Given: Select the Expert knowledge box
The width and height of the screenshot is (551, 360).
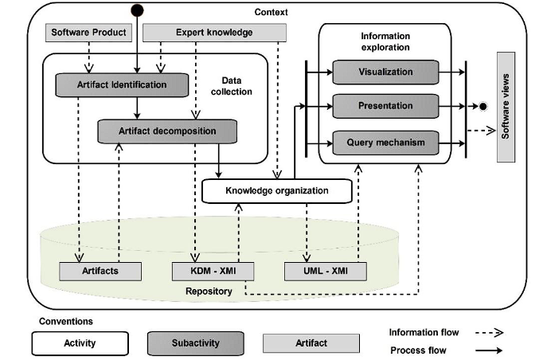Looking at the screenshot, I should coord(213,33).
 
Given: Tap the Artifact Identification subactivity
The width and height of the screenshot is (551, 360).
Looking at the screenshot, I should coord(123,84).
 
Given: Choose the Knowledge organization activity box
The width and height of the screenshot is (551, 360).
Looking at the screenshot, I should coord(276,191).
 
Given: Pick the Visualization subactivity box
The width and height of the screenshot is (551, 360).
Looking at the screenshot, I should coord(385,72).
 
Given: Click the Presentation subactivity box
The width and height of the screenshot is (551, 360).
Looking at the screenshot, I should coord(385,106).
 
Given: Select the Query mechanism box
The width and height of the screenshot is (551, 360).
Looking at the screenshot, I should coord(385,143).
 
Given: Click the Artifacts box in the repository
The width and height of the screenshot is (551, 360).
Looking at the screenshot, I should coord(100,271).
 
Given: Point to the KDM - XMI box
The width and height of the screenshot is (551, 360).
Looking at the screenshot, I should coord(213,271).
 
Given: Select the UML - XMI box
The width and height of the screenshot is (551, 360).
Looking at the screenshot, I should coord(326,271).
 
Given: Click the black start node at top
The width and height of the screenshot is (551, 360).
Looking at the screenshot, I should coord(138,10).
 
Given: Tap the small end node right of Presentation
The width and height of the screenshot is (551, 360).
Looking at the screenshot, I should coord(483,106).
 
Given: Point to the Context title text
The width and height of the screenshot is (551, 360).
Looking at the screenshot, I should coord(271,12).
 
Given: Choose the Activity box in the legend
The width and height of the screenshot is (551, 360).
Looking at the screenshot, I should coord(80,343).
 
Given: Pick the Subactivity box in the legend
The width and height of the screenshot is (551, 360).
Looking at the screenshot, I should coord(195,343).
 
